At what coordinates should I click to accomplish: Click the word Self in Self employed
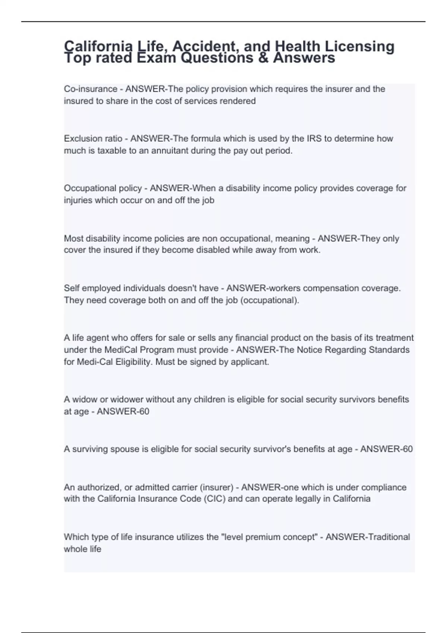71,288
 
